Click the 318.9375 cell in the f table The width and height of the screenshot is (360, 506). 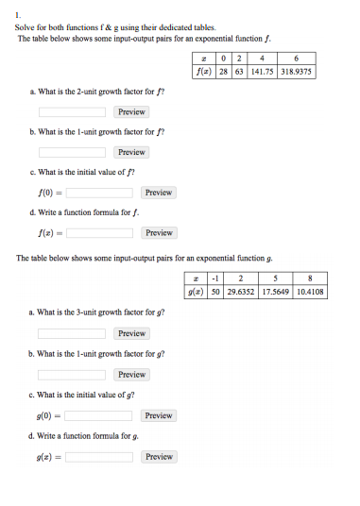(296, 71)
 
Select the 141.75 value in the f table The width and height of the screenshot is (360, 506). (260, 71)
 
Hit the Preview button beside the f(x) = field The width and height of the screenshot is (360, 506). (159, 232)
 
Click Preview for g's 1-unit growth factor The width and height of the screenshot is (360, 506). (131, 375)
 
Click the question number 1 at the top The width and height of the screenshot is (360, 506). (18, 16)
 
